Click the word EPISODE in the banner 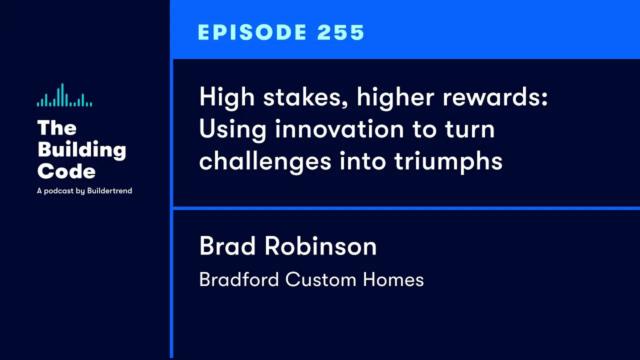coord(252,32)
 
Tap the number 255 coord(340,32)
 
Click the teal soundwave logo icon coord(64,95)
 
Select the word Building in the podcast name coord(81,149)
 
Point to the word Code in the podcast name coord(66,171)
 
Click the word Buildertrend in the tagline coord(109,190)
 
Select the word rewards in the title coord(495,97)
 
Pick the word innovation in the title coord(339,129)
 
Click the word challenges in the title coord(265,161)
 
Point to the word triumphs coord(448,161)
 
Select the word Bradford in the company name coord(239,279)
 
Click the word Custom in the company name coord(320,279)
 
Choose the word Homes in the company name coord(393,279)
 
